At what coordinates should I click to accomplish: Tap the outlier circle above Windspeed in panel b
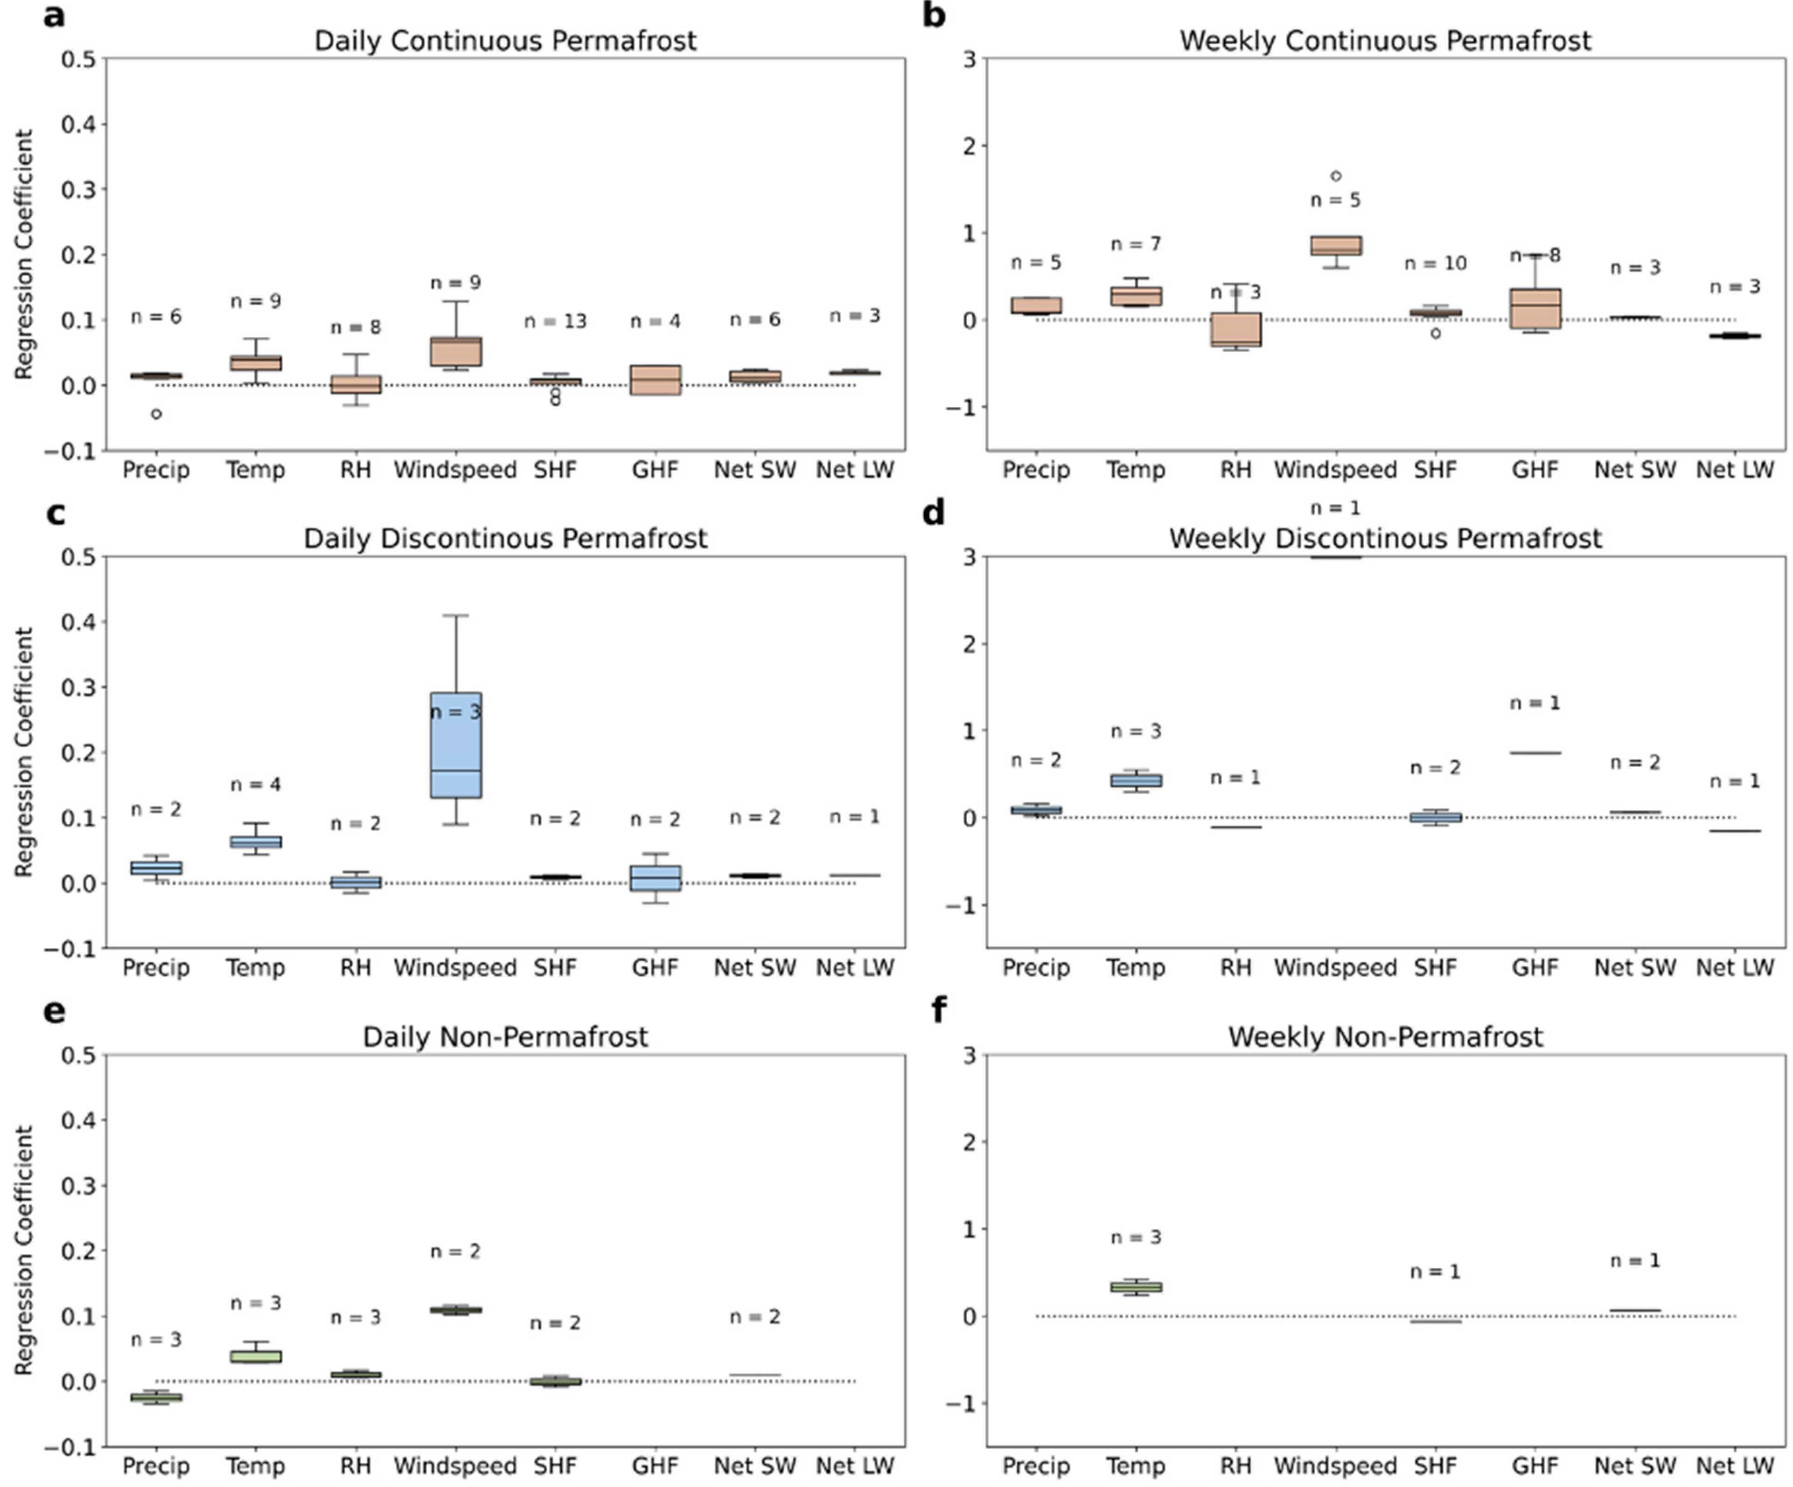pyautogui.click(x=1336, y=176)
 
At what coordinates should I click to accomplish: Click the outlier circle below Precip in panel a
pyautogui.click(x=156, y=414)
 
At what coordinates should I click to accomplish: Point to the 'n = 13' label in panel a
pyautogui.click(x=555, y=321)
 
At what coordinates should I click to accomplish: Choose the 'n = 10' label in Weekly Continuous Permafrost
pyautogui.click(x=1435, y=263)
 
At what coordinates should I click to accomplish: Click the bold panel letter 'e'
pyautogui.click(x=54, y=1012)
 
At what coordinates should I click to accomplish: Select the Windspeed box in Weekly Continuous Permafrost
pyautogui.click(x=1336, y=245)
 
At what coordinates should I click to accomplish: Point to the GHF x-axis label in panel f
pyautogui.click(x=1535, y=1466)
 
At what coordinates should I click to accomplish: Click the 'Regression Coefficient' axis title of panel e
pyautogui.click(x=24, y=1251)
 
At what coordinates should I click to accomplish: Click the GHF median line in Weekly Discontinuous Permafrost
pyautogui.click(x=1535, y=753)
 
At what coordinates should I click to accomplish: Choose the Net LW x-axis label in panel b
pyautogui.click(x=1735, y=470)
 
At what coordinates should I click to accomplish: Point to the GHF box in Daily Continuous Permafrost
pyautogui.click(x=656, y=380)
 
